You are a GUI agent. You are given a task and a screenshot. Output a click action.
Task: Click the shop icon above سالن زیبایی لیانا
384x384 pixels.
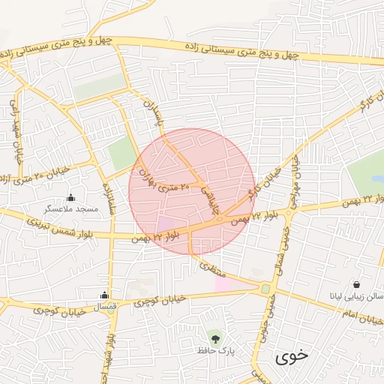pyautogui.click(x=355, y=284)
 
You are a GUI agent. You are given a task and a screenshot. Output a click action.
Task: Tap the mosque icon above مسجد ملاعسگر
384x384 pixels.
pyautogui.click(x=71, y=198)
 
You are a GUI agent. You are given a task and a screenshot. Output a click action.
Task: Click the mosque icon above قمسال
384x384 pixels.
pyautogui.click(x=104, y=295)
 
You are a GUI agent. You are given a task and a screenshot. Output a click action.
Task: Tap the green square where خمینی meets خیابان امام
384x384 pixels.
pyautogui.click(x=265, y=289)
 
